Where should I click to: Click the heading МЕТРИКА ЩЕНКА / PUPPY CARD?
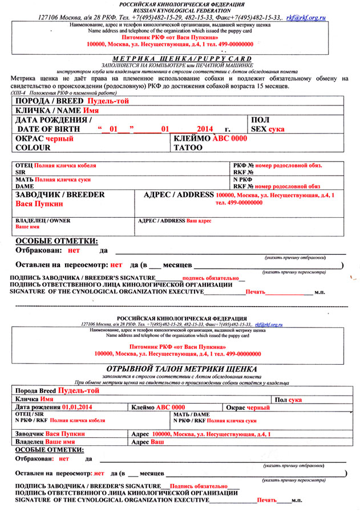tap(180, 58)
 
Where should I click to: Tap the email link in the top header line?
tap(306, 18)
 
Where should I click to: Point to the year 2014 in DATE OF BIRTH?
tap(203, 129)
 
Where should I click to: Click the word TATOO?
tap(188, 148)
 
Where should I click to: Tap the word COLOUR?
tap(34, 148)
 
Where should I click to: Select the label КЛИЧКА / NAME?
tap(48, 111)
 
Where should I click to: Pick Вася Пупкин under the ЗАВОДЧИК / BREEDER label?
tap(39, 203)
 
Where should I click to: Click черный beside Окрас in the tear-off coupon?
tap(258, 408)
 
